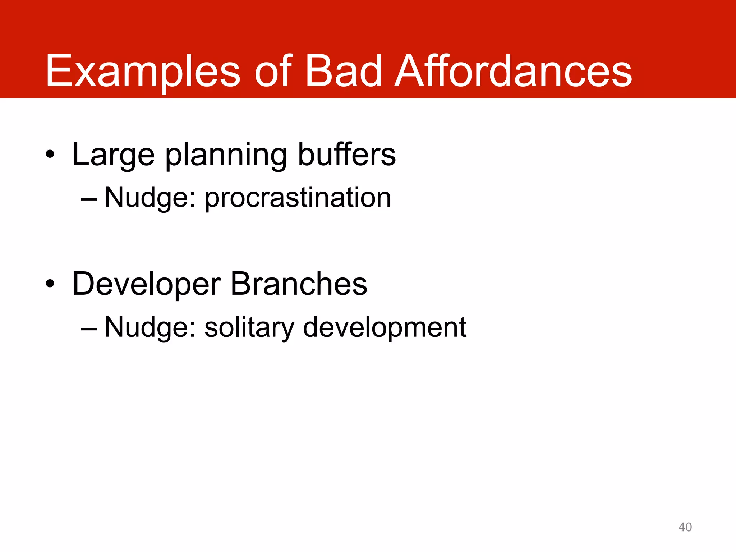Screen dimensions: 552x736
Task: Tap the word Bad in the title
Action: coord(343,71)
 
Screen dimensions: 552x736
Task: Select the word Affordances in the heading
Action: coord(513,71)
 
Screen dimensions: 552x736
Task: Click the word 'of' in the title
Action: coord(273,71)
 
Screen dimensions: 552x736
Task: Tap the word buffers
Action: coord(347,155)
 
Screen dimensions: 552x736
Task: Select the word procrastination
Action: coord(298,198)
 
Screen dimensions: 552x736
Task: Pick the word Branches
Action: coord(299,284)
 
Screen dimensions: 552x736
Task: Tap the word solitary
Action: coord(249,328)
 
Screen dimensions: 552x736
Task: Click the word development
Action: coord(385,328)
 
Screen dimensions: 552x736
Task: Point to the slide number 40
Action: coord(685,527)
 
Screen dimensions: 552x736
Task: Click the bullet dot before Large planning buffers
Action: coord(50,155)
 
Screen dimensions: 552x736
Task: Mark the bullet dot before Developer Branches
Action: coord(50,284)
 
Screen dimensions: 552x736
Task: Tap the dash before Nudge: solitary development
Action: coord(89,328)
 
